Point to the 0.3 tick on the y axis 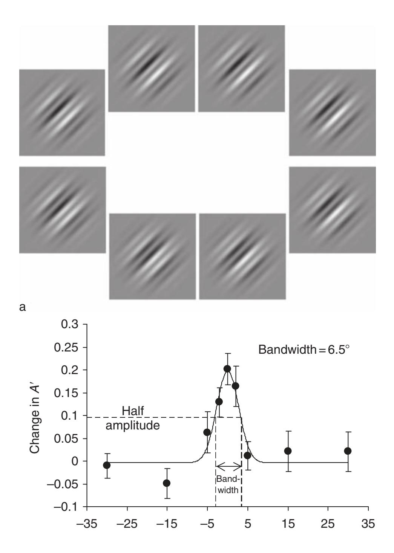[x=87, y=324]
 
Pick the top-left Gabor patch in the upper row [x=152, y=69]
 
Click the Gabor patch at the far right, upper [x=332, y=113]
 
